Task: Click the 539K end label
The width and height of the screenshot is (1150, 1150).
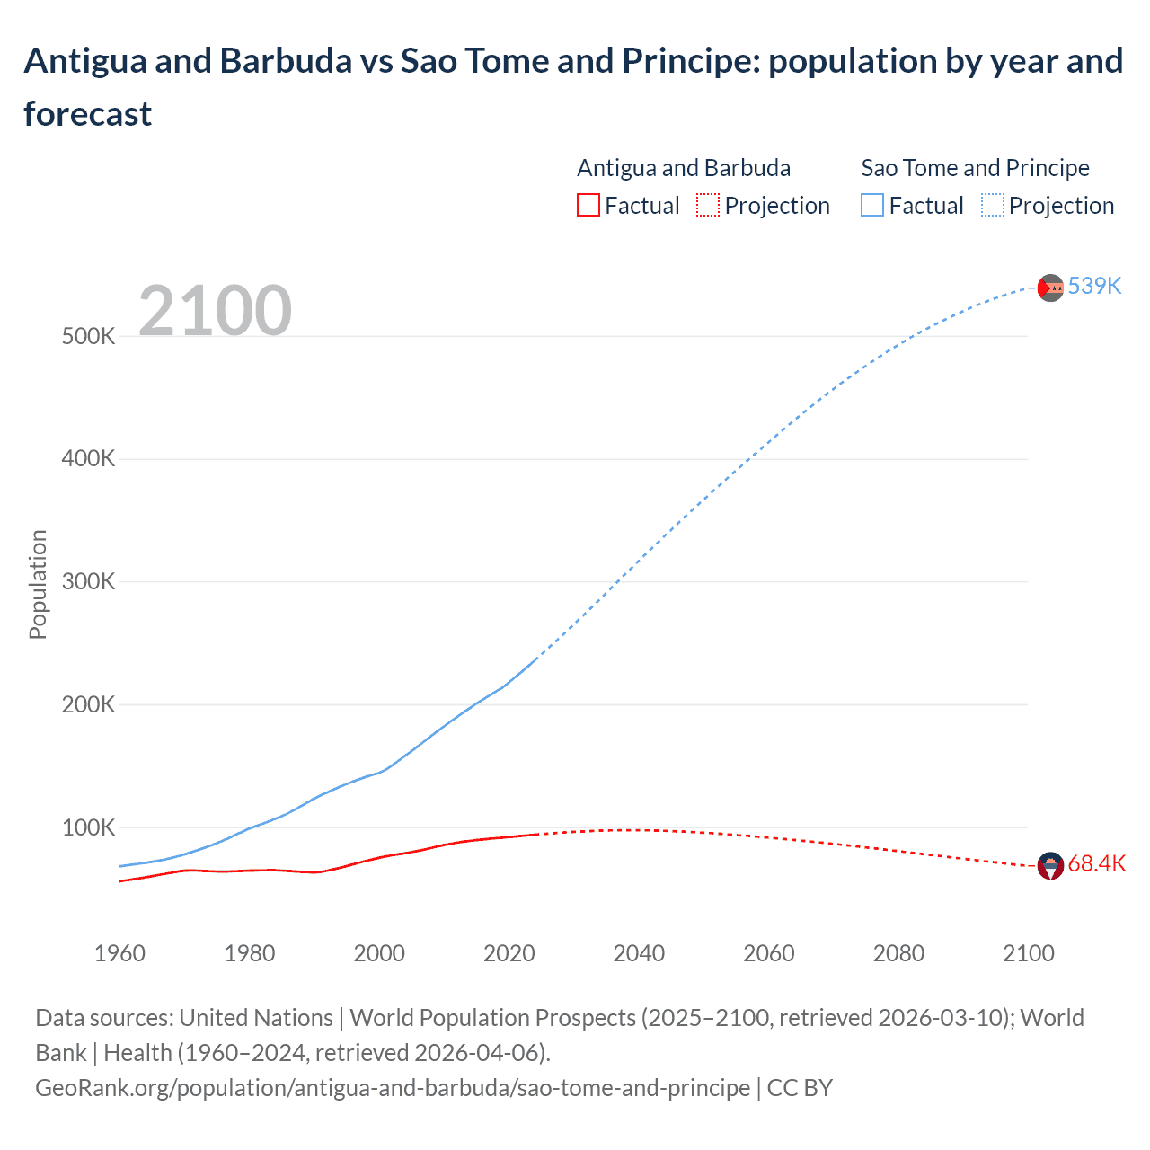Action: (1094, 286)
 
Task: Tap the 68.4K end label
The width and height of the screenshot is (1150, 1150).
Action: (1096, 864)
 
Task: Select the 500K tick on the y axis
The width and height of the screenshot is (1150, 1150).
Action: (89, 337)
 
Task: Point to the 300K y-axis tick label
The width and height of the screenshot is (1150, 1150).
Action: (89, 581)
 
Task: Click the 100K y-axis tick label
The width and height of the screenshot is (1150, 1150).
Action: (89, 827)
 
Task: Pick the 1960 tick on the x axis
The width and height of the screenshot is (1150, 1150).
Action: (119, 953)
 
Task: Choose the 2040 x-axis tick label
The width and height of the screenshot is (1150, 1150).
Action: (639, 953)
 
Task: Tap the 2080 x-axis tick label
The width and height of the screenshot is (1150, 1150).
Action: (898, 953)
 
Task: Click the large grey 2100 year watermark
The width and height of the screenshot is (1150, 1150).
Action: (215, 311)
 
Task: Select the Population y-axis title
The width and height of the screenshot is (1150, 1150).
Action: (38, 584)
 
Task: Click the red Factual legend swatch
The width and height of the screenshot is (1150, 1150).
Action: (588, 206)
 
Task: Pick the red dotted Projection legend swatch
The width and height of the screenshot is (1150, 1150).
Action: (708, 206)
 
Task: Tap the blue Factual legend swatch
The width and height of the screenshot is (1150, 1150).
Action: (872, 206)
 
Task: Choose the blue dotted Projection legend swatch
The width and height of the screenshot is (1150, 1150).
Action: (993, 206)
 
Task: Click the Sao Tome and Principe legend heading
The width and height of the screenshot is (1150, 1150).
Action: (975, 168)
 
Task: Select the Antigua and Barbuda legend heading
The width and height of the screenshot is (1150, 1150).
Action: (684, 168)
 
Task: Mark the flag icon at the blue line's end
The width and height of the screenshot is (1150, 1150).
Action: (1050, 287)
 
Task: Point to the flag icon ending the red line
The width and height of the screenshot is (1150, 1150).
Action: (1050, 866)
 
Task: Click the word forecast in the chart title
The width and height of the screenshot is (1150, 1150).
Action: (88, 114)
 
